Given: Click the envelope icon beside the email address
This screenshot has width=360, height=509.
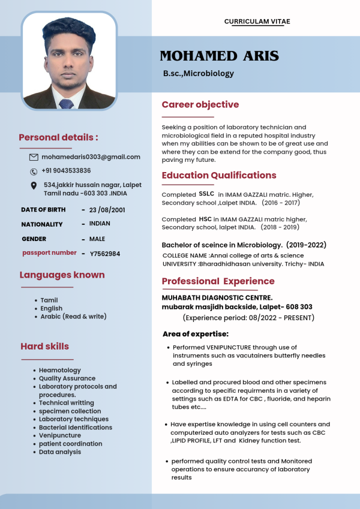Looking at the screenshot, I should [34, 157].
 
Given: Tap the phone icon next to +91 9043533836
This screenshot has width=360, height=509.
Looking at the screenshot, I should [34, 171].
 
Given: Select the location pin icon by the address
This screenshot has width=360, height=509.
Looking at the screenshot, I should [34, 186].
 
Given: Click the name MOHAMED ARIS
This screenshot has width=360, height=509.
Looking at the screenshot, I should [219, 56].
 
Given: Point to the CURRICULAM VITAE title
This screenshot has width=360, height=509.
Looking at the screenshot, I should [257, 22].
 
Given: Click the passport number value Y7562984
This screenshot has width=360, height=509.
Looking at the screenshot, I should [105, 254].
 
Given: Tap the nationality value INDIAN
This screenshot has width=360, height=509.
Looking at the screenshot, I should [100, 224].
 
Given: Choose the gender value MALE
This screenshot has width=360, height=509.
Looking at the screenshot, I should [97, 239].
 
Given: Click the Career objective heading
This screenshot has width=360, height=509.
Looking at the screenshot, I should [200, 105].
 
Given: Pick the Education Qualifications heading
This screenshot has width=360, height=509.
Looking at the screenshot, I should [218, 176].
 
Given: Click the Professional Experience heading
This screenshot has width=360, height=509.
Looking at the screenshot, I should [218, 281].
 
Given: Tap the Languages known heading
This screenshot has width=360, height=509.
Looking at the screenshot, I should [62, 275].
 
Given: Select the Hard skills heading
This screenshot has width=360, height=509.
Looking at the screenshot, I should [44, 347].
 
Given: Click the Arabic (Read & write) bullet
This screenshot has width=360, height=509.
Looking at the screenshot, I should [73, 316].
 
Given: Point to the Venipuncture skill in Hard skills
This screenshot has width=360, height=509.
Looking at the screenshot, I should [60, 435].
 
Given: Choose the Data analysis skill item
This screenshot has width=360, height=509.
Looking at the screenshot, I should [60, 451].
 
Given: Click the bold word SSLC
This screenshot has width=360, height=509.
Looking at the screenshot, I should [206, 194].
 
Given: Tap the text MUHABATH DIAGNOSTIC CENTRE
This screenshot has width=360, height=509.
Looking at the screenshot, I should [217, 297].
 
